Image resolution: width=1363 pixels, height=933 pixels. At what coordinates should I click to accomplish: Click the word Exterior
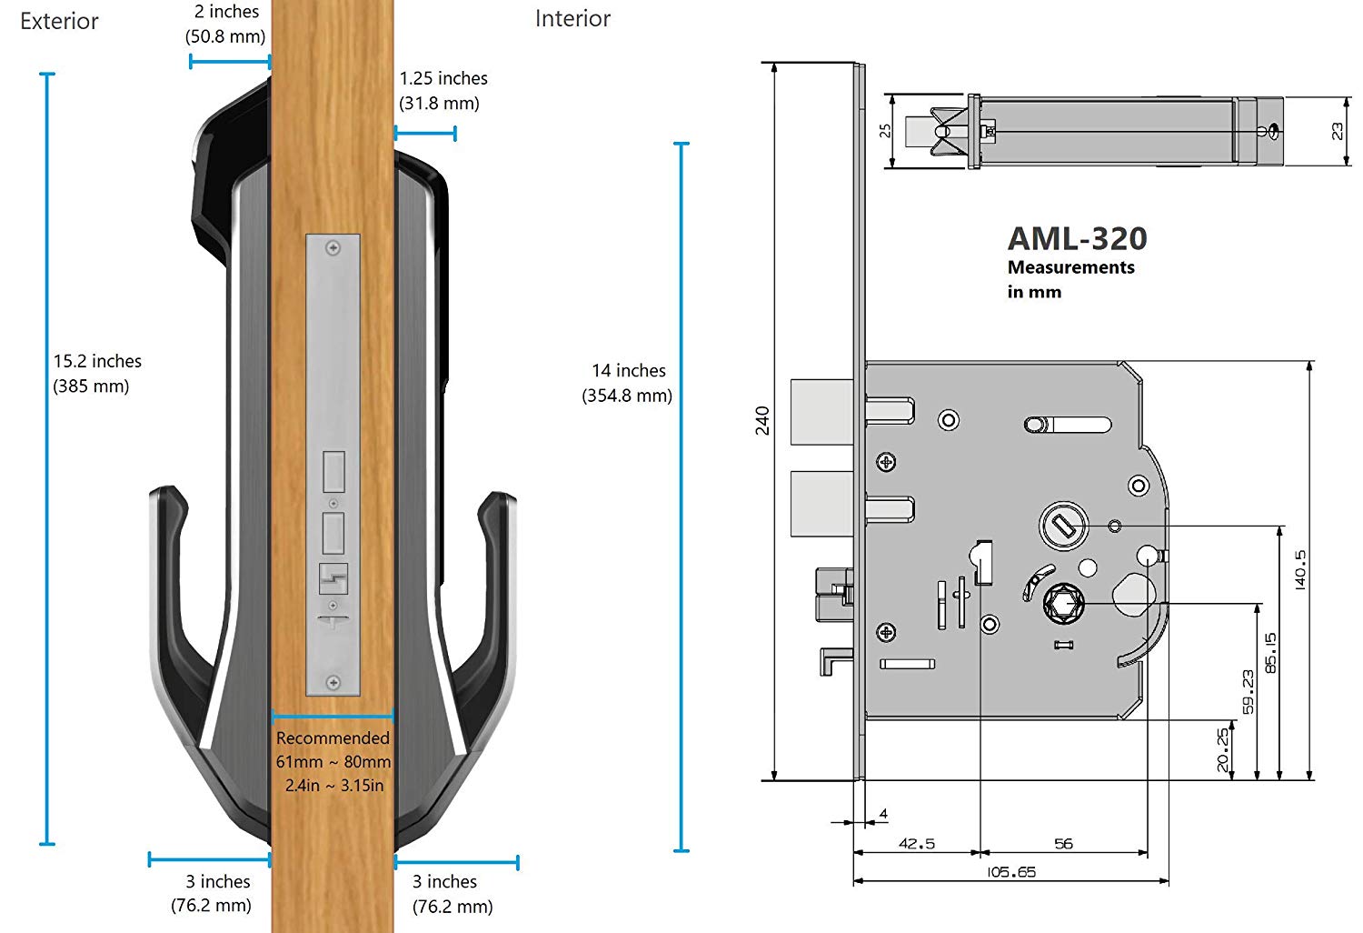[59, 21]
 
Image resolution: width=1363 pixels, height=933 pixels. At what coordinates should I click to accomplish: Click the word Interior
[572, 19]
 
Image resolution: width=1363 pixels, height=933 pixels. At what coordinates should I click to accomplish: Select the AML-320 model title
[1077, 238]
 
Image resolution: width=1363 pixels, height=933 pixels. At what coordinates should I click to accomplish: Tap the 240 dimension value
[762, 421]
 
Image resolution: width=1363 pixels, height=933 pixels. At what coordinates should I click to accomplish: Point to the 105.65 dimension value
[1010, 872]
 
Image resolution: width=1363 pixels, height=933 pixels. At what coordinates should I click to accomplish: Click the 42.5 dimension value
[916, 844]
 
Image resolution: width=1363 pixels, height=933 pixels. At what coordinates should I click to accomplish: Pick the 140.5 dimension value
[1299, 570]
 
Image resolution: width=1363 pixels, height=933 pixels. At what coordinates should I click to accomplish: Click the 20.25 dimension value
[1222, 750]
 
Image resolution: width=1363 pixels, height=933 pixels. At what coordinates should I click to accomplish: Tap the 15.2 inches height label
[97, 361]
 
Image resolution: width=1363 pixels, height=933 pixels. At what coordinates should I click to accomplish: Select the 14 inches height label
[629, 370]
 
